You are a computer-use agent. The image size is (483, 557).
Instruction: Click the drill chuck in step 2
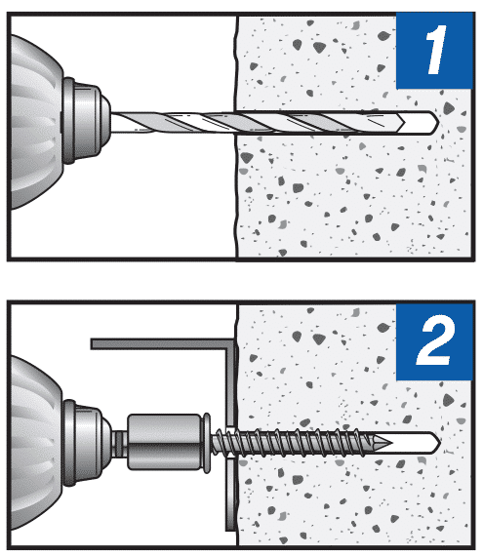tap(83, 439)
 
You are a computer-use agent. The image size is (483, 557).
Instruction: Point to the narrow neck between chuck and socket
tap(118, 442)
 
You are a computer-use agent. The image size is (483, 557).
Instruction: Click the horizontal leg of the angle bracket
tap(156, 343)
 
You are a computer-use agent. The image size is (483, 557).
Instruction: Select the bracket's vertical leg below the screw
tap(228, 497)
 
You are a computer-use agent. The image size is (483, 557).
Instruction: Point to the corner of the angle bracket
tap(231, 344)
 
